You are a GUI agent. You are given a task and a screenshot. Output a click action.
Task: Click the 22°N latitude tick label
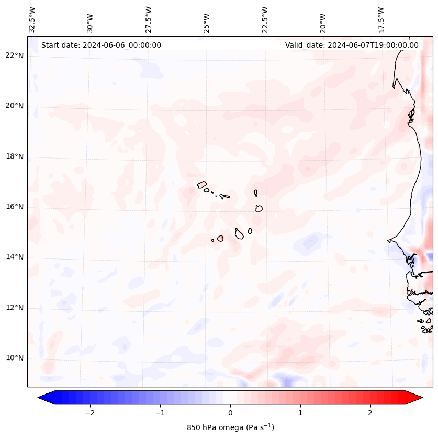(15, 55)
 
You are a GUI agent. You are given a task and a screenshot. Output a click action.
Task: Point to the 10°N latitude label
(15, 358)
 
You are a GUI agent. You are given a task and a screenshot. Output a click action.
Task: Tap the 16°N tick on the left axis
(15, 207)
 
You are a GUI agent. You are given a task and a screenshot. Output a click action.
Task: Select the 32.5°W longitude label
(32, 19)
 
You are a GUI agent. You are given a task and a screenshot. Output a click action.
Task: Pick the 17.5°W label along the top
(381, 19)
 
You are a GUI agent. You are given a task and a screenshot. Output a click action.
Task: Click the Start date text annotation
(101, 45)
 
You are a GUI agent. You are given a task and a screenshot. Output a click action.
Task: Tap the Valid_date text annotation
(352, 45)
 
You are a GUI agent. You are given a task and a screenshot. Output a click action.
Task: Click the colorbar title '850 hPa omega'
(230, 427)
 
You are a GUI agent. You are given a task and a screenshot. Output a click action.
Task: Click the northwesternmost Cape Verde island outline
(202, 184)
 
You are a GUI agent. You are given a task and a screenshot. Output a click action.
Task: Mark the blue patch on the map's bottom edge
(283, 379)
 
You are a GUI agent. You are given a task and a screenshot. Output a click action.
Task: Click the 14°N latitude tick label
(15, 257)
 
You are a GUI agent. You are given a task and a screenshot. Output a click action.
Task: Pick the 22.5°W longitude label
(265, 19)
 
